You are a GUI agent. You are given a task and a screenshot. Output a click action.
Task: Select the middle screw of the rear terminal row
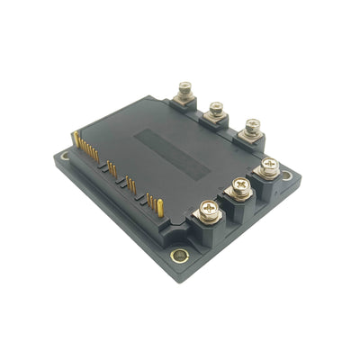217,109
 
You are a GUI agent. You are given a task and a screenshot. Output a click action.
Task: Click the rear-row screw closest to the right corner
252,125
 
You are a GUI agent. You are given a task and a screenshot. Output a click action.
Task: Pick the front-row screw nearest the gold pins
208,211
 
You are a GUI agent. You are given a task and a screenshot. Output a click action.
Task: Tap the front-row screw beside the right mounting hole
269,166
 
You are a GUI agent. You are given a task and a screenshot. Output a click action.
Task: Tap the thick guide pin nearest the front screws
160,208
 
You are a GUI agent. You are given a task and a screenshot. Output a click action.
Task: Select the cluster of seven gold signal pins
89,149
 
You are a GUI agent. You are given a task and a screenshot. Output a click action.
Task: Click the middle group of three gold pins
130,184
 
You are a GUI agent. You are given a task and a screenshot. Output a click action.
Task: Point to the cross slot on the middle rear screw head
217,107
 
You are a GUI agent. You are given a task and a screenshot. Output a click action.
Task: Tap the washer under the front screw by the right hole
269,173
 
